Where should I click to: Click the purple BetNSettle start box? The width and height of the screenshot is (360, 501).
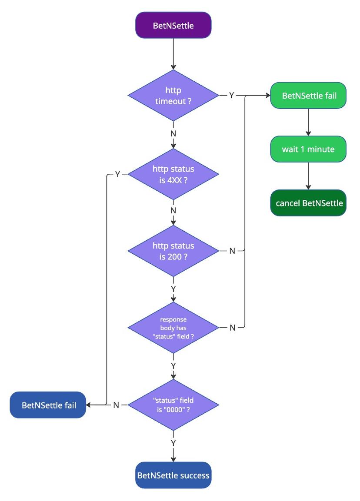point(173,25)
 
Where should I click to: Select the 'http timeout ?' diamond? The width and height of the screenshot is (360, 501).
point(173,96)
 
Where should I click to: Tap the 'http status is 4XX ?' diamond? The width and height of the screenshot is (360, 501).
point(173,174)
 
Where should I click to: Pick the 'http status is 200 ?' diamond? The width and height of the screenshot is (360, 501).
point(173,251)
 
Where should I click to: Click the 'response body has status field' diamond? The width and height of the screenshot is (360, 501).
point(173,328)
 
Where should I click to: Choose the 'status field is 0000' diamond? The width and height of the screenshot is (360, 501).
point(173,405)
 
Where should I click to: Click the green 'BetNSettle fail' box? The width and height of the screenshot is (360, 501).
point(308,96)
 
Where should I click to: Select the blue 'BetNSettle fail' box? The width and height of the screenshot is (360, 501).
point(48,405)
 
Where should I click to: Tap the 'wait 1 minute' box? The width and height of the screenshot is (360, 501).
point(308,149)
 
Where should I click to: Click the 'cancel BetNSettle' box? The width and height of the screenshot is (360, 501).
point(308,203)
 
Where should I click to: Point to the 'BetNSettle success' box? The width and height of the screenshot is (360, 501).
point(173,475)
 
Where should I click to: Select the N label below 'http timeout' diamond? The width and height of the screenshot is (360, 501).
point(173,133)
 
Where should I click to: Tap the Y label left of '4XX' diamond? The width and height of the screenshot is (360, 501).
point(117,174)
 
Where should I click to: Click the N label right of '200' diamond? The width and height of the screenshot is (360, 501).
point(232,251)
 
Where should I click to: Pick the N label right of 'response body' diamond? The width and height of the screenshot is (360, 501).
point(232,328)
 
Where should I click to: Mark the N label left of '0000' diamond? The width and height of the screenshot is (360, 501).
point(116,405)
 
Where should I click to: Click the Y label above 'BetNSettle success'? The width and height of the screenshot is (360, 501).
point(173,443)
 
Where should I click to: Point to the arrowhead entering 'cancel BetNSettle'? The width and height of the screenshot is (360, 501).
point(308,187)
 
